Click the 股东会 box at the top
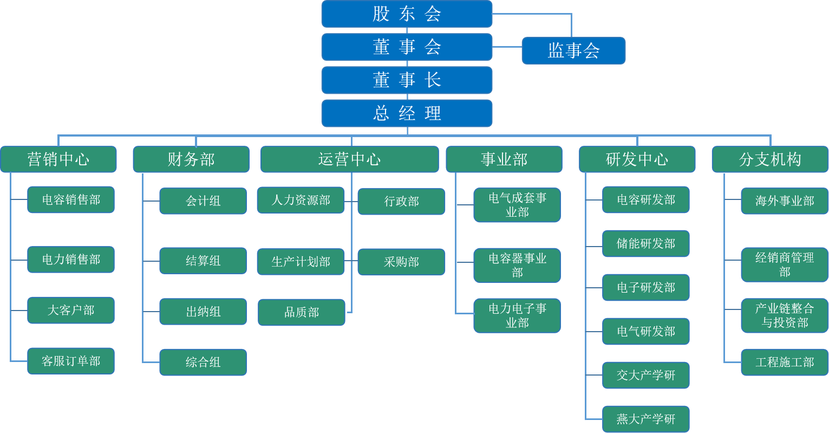[x=407, y=14]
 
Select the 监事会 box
[x=573, y=51]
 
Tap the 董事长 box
[x=407, y=80]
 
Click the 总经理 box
[x=407, y=113]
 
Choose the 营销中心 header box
[x=58, y=159]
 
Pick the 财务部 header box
[x=191, y=159]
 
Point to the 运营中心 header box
[x=349, y=159]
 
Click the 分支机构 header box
[x=769, y=159]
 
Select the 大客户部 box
[x=71, y=311]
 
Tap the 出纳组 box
[x=203, y=312]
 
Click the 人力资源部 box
[x=301, y=201]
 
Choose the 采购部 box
[x=401, y=262]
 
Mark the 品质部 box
[x=302, y=313]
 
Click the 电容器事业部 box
[x=517, y=266]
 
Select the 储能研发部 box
[x=645, y=244]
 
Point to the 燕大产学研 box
[x=645, y=419]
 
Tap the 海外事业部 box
[x=785, y=201]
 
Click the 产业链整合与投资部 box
[x=785, y=315]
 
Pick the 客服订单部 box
[x=71, y=361]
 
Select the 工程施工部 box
[x=785, y=363]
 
